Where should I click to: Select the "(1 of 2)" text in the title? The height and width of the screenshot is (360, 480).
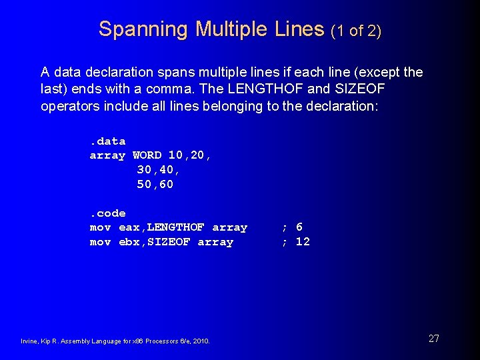point(356,31)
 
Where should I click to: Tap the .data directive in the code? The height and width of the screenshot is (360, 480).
point(107,141)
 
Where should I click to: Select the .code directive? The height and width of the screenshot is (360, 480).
point(107,213)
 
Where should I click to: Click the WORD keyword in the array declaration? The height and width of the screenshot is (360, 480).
point(147,155)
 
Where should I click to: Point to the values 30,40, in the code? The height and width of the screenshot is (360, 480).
point(158,170)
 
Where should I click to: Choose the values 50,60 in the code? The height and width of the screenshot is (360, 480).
point(155,185)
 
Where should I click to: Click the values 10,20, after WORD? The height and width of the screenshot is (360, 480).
point(190,155)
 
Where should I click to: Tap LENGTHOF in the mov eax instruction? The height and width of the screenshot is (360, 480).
point(176,227)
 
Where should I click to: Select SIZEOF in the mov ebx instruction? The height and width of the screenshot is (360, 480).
point(169,242)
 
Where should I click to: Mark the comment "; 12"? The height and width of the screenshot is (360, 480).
point(295,242)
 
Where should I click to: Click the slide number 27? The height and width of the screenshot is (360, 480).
point(433,339)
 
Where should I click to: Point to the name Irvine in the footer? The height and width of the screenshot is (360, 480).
point(29,341)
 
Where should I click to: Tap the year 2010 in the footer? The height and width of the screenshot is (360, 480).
point(201,341)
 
